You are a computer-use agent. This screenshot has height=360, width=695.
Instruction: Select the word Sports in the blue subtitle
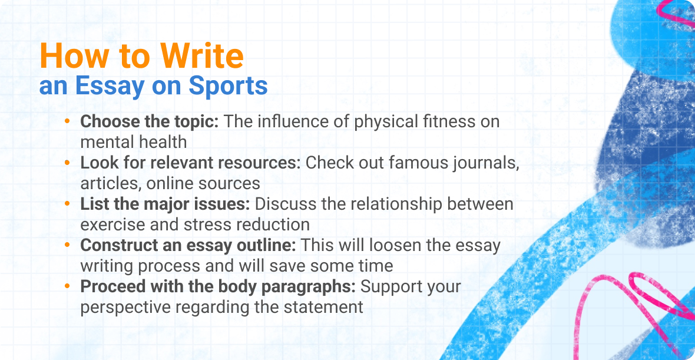(228, 86)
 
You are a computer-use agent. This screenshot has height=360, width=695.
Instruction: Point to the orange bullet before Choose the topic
(68, 121)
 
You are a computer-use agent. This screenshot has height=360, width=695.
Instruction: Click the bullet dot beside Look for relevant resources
(68, 163)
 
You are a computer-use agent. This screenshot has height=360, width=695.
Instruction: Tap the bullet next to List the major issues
(68, 204)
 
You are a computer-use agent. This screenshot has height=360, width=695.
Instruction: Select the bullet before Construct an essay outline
(68, 245)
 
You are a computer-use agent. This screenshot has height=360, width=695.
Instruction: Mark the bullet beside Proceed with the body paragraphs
(68, 286)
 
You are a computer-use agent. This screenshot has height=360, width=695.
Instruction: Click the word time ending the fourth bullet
(375, 266)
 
